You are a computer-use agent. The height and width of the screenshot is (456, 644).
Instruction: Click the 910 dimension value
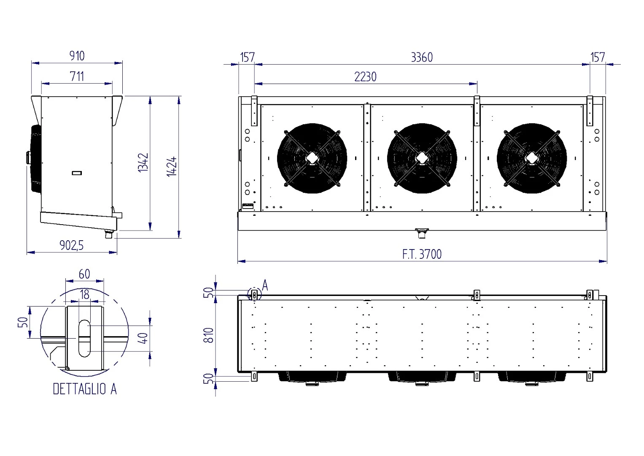point(77,56)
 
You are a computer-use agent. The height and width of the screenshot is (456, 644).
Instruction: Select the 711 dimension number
point(77,76)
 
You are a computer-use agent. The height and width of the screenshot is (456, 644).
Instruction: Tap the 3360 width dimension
point(422,57)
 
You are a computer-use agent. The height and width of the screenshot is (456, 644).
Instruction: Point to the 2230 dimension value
point(365,77)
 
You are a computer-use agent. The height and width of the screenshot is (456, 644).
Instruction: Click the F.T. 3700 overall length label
point(422,254)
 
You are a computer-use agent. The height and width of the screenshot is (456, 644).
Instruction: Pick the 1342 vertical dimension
point(143,163)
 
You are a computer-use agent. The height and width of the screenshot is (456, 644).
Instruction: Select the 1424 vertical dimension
point(172,167)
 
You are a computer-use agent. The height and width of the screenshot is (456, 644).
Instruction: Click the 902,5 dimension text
point(72,245)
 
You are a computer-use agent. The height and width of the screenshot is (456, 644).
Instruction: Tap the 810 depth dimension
point(209,335)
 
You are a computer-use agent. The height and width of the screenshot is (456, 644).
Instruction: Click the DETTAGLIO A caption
point(85,389)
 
